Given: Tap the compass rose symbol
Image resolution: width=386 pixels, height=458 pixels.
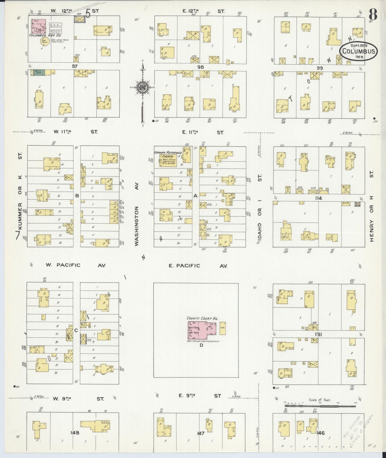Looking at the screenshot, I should point(143,87).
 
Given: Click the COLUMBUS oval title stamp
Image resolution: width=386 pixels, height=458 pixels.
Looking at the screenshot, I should point(358,51).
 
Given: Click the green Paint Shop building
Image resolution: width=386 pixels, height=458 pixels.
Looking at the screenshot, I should point(37,72).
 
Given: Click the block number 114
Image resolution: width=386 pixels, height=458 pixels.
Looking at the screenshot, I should point(318,198).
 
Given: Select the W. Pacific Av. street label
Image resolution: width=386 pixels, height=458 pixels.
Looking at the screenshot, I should point(76,265).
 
